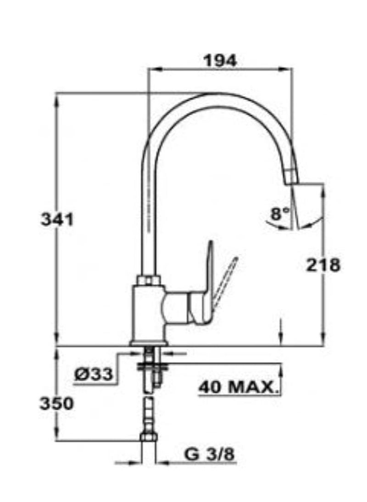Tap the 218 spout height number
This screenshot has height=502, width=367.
click(x=324, y=265)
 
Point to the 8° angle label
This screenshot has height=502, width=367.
click(x=280, y=213)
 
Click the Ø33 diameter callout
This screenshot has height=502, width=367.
click(x=93, y=375)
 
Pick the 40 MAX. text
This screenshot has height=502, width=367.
click(x=239, y=387)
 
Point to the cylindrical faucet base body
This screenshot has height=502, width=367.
click(x=148, y=313)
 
